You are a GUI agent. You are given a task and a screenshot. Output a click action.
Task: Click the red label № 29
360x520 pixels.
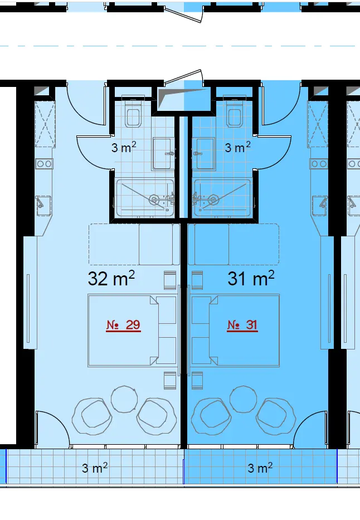pyautogui.click(x=123, y=325)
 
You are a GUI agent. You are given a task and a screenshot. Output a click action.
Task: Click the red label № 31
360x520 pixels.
pyautogui.click(x=242, y=325)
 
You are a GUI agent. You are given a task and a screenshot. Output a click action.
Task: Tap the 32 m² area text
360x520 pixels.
pyautogui.click(x=111, y=278)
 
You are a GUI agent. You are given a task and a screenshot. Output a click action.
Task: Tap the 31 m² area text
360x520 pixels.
pyautogui.click(x=251, y=278)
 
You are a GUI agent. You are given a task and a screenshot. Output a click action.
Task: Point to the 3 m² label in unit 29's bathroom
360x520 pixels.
pyautogui.click(x=124, y=147)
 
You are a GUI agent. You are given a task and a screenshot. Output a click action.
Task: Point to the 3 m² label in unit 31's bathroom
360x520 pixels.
pyautogui.click(x=238, y=147)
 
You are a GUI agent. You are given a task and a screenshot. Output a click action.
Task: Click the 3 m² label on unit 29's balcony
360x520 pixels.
pyautogui.click(x=95, y=468)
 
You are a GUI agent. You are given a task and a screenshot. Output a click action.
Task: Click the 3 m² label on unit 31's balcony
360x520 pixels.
pyautogui.click(x=260, y=468)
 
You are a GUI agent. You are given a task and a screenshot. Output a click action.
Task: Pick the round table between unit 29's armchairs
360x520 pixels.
pyautogui.click(x=124, y=399)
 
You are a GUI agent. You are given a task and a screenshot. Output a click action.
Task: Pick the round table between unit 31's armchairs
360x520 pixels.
pyautogui.click(x=243, y=399)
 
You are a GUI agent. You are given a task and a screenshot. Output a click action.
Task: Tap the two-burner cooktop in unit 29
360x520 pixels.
pyautogui.click(x=44, y=163)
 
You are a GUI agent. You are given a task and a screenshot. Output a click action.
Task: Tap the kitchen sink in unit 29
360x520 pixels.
pyautogui.click(x=43, y=206)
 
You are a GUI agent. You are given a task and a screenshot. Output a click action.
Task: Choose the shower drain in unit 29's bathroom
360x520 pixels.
pyautogui.click(x=154, y=200)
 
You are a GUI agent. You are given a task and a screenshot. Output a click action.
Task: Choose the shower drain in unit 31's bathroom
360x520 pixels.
pyautogui.click(x=213, y=200)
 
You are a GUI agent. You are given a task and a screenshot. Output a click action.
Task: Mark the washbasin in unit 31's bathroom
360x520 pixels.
pyautogui.click(x=203, y=154)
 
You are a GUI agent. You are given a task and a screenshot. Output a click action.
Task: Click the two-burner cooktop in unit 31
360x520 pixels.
pyautogui.click(x=319, y=163)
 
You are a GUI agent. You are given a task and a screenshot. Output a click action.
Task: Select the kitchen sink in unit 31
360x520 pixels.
pyautogui.click(x=319, y=206)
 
